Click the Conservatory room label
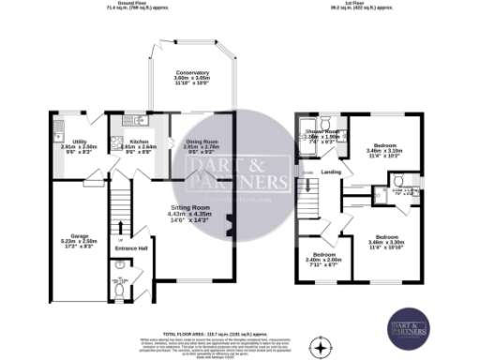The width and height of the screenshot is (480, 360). coord(190,73)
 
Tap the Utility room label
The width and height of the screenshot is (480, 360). coord(67,115)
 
